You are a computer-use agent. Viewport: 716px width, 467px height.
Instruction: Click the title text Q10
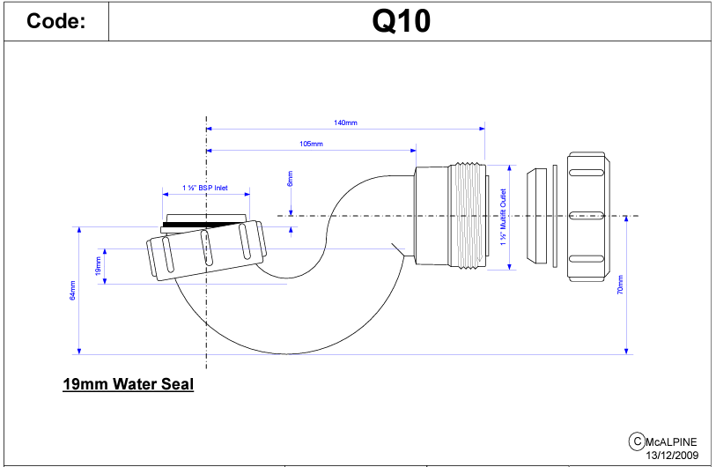coord(402,21)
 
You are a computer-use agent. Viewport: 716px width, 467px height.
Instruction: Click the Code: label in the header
coord(56,22)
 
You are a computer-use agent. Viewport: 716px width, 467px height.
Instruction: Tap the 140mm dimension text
coord(346,123)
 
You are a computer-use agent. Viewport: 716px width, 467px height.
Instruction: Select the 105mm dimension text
coord(311,144)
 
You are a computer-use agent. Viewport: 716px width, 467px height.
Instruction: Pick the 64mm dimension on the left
coord(73,289)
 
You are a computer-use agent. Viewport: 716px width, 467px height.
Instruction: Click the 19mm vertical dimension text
coord(98,265)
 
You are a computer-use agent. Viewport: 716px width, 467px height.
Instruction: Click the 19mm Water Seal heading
coord(128,385)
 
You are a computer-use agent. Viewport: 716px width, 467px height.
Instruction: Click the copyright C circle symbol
coord(635,441)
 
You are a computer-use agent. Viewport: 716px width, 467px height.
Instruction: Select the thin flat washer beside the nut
coord(555,216)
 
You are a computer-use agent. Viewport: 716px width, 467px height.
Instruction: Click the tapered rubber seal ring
coord(534,216)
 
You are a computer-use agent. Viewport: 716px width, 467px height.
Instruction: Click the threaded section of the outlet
coord(469,216)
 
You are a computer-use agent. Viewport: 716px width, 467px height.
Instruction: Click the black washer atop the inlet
coord(204,225)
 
